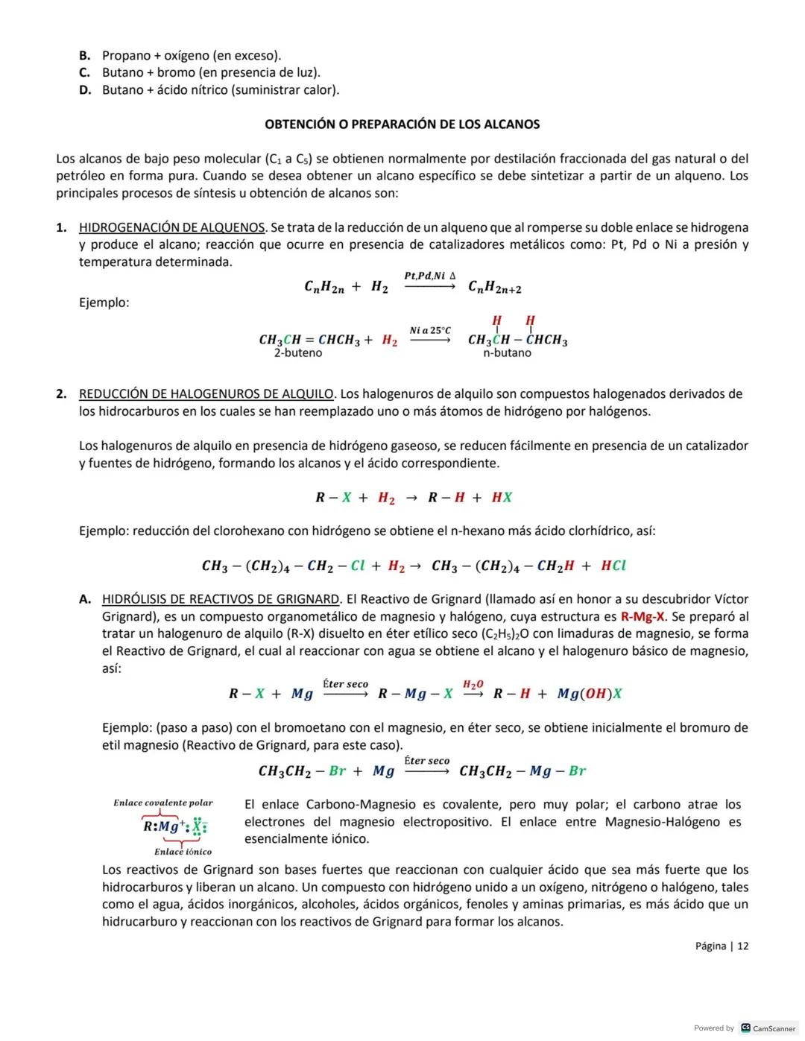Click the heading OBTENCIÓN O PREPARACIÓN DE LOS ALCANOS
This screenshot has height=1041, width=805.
pyautogui.click(x=402, y=124)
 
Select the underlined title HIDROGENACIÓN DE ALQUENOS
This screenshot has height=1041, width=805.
pyautogui.click(x=171, y=227)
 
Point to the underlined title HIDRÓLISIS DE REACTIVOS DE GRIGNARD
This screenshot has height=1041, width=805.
pyautogui.click(x=221, y=599)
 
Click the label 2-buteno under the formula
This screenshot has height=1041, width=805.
pyautogui.click(x=298, y=353)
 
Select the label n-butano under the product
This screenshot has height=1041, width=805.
pyautogui.click(x=507, y=353)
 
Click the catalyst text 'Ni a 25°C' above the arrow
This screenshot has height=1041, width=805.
pyautogui.click(x=430, y=330)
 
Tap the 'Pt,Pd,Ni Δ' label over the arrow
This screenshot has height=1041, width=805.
pyautogui.click(x=430, y=276)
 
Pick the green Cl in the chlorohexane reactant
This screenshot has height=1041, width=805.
pyautogui.click(x=357, y=566)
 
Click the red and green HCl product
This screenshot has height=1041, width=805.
pyautogui.click(x=613, y=566)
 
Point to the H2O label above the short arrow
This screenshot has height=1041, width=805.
pyautogui.click(x=473, y=684)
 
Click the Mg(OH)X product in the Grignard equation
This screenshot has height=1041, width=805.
pyautogui.click(x=590, y=694)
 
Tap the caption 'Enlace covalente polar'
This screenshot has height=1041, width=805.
pyautogui.click(x=162, y=803)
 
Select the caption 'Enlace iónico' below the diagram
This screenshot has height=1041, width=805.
pyautogui.click(x=183, y=852)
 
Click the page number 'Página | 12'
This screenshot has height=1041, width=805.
pyautogui.click(x=722, y=946)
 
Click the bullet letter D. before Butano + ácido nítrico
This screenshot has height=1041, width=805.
pyautogui.click(x=85, y=90)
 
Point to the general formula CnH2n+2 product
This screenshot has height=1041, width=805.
pyautogui.click(x=494, y=287)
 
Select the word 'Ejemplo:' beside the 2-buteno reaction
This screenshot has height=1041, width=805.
pyautogui.click(x=104, y=303)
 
